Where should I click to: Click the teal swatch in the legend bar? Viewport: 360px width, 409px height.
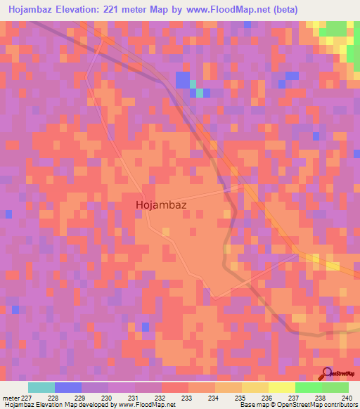point(41,387)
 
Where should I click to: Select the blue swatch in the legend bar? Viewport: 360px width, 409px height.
point(68,387)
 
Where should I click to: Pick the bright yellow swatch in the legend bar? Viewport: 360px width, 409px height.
point(281,387)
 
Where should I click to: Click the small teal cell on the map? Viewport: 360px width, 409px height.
point(200,93)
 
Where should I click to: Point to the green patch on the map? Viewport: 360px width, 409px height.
point(335,29)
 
